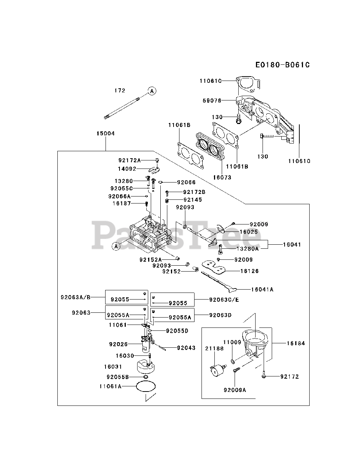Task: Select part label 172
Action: click(x=120, y=91)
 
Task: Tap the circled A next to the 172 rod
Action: click(x=152, y=91)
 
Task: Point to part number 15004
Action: click(x=106, y=133)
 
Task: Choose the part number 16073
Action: click(x=222, y=177)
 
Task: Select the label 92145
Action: click(x=193, y=199)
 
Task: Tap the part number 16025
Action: click(x=249, y=232)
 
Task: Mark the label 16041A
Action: click(x=262, y=289)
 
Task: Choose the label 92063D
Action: click(x=221, y=315)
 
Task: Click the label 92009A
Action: click(x=235, y=389)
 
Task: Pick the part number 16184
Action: click(x=296, y=343)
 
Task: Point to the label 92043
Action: click(x=186, y=348)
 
